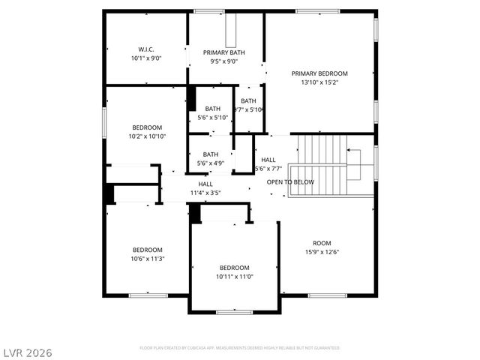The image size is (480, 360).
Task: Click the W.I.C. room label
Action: (146, 49)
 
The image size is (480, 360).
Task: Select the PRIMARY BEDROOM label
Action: (319, 73)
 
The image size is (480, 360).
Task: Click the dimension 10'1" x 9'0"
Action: (146, 58)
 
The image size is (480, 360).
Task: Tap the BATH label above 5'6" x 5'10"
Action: (212, 109)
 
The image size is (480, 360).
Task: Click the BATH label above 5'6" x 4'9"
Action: (211, 154)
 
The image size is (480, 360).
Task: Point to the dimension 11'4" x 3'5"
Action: (205, 193)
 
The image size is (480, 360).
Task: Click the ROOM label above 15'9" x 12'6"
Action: (322, 243)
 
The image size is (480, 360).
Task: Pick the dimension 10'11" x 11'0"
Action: (234, 276)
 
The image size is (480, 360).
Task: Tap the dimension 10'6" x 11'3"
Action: (148, 258)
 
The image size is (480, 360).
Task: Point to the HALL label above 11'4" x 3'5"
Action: (205, 184)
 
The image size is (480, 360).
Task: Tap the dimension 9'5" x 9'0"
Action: (224, 61)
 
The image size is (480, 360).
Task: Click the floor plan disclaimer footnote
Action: (240, 348)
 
